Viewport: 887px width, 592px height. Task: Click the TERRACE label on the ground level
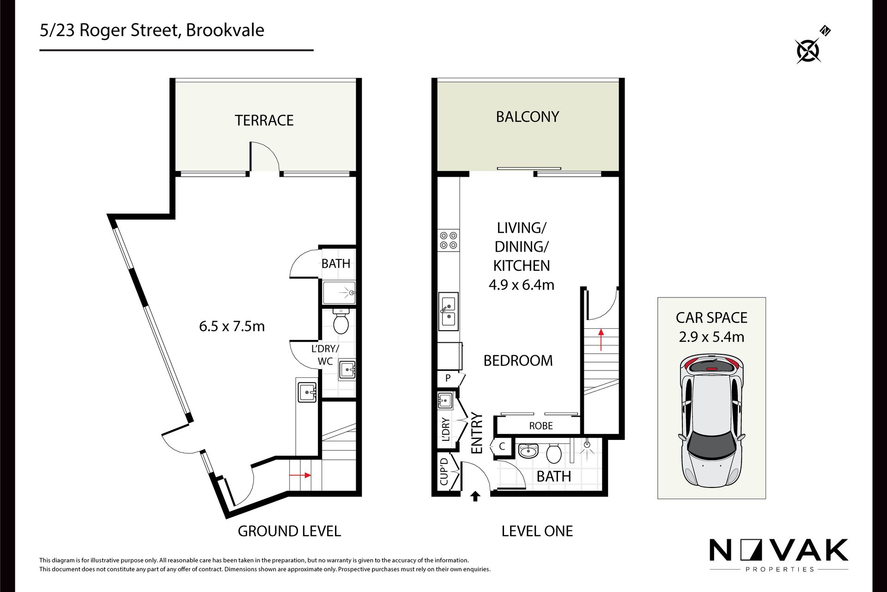click(x=264, y=120)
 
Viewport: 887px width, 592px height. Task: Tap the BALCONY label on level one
click(x=528, y=117)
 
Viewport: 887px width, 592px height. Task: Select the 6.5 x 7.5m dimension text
click(x=232, y=326)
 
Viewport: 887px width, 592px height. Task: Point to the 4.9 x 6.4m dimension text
click(x=522, y=284)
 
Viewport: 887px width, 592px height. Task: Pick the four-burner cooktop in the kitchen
click(x=448, y=240)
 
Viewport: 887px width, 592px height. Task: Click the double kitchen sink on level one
click(x=448, y=311)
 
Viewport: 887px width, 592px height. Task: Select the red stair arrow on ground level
click(x=300, y=475)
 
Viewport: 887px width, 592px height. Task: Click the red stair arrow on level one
click(x=601, y=339)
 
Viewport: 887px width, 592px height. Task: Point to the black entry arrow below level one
click(x=475, y=496)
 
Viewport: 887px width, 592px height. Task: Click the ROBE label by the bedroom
click(x=541, y=425)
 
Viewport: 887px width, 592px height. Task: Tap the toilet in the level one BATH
click(x=554, y=453)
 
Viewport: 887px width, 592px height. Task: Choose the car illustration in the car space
click(x=711, y=421)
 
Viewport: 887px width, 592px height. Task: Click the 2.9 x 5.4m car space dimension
click(x=711, y=337)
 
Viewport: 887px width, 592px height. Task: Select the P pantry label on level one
click(x=448, y=378)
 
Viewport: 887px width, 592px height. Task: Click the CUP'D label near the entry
click(x=444, y=471)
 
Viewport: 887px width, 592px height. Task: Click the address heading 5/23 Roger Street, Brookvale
click(x=152, y=30)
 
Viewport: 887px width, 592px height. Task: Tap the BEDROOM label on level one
click(x=518, y=361)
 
